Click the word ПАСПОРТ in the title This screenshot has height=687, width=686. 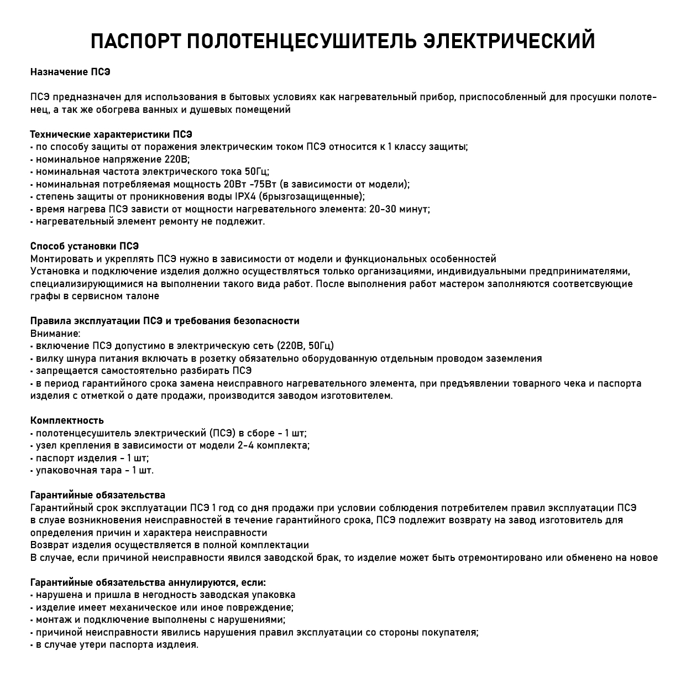point(133,41)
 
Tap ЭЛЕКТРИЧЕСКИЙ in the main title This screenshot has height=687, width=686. point(509,41)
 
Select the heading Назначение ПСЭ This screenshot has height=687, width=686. point(70,72)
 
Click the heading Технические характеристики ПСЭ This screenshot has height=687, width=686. point(111,134)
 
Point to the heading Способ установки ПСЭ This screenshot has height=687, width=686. point(85,246)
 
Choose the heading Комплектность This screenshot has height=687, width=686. point(67,420)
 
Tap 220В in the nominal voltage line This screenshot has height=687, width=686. point(177,159)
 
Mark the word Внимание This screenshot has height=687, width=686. point(55,334)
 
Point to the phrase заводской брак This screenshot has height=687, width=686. point(301,558)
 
